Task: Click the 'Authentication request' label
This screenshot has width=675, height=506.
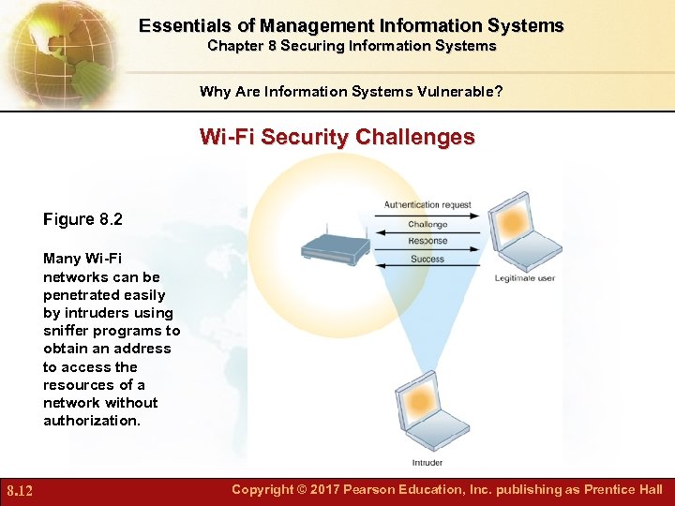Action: (x=427, y=205)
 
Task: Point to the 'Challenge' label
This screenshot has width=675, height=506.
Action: (x=427, y=224)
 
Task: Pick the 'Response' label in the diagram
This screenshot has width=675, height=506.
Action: (x=427, y=241)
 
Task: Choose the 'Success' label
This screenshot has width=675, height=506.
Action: (x=427, y=259)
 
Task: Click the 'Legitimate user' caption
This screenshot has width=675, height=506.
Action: (x=526, y=278)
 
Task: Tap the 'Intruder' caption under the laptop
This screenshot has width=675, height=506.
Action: (x=427, y=463)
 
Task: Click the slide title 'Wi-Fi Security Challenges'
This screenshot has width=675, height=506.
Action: (x=337, y=137)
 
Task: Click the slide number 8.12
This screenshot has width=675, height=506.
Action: (x=20, y=490)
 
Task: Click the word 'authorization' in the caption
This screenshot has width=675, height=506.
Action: (x=90, y=421)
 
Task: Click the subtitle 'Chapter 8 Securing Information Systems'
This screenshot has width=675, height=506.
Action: (x=352, y=45)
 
